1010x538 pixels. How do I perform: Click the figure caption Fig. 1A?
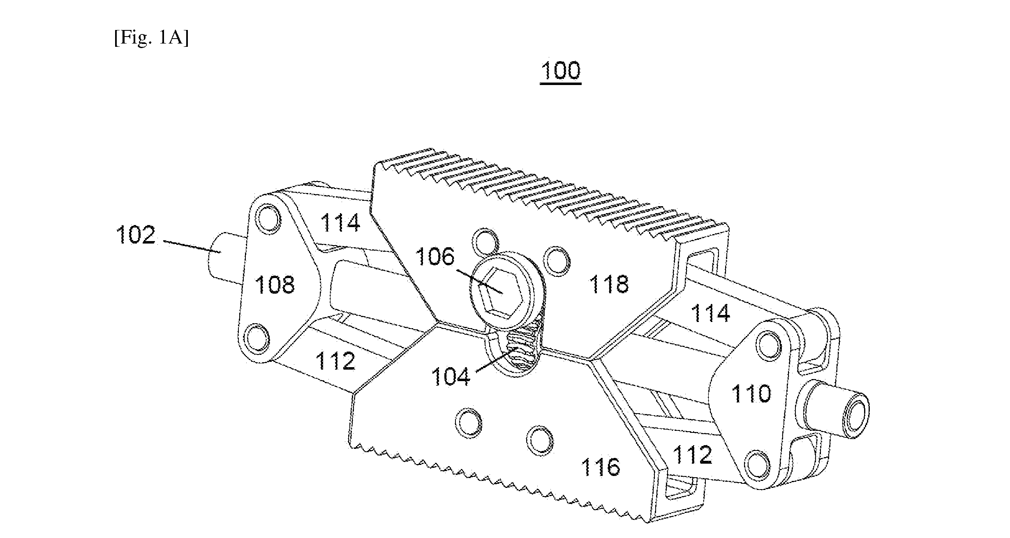click(x=151, y=39)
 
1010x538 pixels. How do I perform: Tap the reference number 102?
click(x=136, y=235)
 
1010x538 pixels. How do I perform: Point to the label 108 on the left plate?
click(x=275, y=284)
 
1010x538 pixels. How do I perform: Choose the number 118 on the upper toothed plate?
click(x=609, y=284)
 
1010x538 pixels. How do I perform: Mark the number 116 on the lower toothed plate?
click(x=600, y=467)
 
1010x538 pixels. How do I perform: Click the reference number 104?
click(x=451, y=376)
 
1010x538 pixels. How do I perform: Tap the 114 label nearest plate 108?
click(x=340, y=222)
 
